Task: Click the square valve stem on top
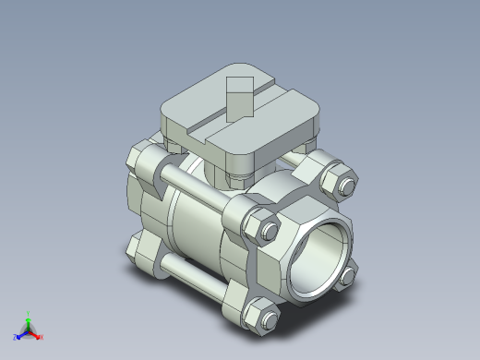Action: tap(239, 97)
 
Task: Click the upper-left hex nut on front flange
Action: tap(261, 228)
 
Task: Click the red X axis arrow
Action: tap(36, 334)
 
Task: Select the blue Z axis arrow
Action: tap(20, 334)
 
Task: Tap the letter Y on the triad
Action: tap(28, 312)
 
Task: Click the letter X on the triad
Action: tap(42, 337)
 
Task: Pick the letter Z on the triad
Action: tap(15, 337)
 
